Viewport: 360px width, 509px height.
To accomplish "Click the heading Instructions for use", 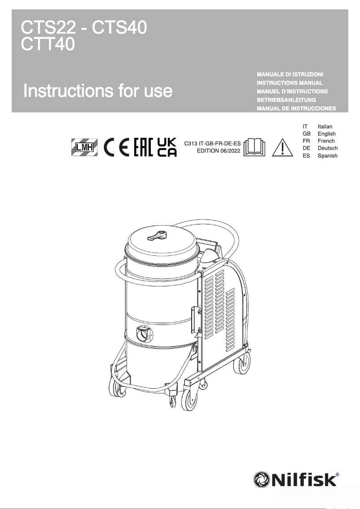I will point(98,91).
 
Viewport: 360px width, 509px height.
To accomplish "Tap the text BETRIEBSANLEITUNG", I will point(286,100).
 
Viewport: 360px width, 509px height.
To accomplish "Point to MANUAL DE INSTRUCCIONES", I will point(296,109).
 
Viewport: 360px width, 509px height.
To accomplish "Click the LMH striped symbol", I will point(84,147).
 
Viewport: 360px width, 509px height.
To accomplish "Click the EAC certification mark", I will point(144,147).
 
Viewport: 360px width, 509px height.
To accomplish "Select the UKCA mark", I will point(167,147).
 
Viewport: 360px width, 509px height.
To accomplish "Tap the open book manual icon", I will point(255,147).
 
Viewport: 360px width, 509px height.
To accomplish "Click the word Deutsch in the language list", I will point(328,148).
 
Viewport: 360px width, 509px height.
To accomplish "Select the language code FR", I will point(306,141).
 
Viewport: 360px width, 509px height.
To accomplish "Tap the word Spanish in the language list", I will point(328,156).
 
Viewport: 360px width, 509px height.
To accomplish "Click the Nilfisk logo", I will point(296,479).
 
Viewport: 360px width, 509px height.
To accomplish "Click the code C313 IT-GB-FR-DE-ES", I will point(210,144).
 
